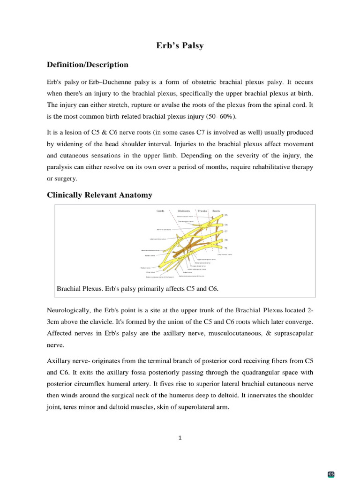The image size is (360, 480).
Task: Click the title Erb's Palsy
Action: point(180,46)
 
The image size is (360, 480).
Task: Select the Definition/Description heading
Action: point(88,65)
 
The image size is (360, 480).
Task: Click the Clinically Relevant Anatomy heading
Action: point(99,195)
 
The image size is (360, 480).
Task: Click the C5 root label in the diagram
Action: point(226,215)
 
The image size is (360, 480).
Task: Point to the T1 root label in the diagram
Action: point(226,247)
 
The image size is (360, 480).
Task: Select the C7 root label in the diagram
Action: point(226,231)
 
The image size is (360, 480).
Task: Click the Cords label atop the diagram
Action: point(160,211)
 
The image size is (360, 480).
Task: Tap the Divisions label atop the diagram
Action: point(183,211)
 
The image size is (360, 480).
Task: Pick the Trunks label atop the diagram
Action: point(202,211)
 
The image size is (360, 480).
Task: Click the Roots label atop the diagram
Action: point(216,211)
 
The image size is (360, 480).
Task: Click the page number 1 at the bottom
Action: point(180,438)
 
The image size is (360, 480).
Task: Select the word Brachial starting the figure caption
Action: point(68,289)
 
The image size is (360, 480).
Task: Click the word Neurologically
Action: point(68,310)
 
